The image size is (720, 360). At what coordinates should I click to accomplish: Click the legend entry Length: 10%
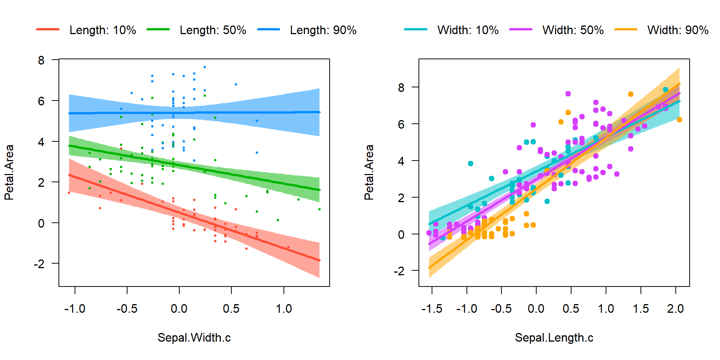(102, 30)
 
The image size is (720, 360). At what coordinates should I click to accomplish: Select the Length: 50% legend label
(213, 30)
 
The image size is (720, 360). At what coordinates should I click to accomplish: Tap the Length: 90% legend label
(323, 30)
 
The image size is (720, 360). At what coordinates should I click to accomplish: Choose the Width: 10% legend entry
(468, 30)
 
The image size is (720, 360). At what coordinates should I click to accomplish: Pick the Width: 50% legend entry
(573, 30)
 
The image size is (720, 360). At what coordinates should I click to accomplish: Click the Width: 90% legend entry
(678, 30)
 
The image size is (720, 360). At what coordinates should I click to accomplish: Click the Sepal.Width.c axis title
(194, 337)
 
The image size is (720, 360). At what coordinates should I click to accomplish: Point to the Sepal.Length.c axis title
(554, 337)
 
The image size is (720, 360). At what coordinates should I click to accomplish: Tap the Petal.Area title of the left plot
(9, 172)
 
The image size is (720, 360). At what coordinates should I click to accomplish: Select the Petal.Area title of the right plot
(369, 172)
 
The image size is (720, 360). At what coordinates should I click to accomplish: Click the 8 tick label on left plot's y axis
(41, 60)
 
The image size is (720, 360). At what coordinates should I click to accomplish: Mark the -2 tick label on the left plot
(39, 264)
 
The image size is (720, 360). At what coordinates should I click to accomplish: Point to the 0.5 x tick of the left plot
(231, 309)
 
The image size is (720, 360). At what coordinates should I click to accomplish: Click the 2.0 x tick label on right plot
(675, 309)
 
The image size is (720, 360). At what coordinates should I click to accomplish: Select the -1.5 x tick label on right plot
(432, 309)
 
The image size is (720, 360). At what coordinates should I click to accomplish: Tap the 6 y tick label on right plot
(401, 124)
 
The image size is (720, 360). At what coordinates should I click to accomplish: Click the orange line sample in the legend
(626, 29)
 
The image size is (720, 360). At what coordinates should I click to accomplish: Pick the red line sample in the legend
(48, 29)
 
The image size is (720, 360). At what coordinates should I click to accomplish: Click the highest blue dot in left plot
(205, 67)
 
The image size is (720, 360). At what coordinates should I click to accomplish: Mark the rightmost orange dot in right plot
(679, 120)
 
